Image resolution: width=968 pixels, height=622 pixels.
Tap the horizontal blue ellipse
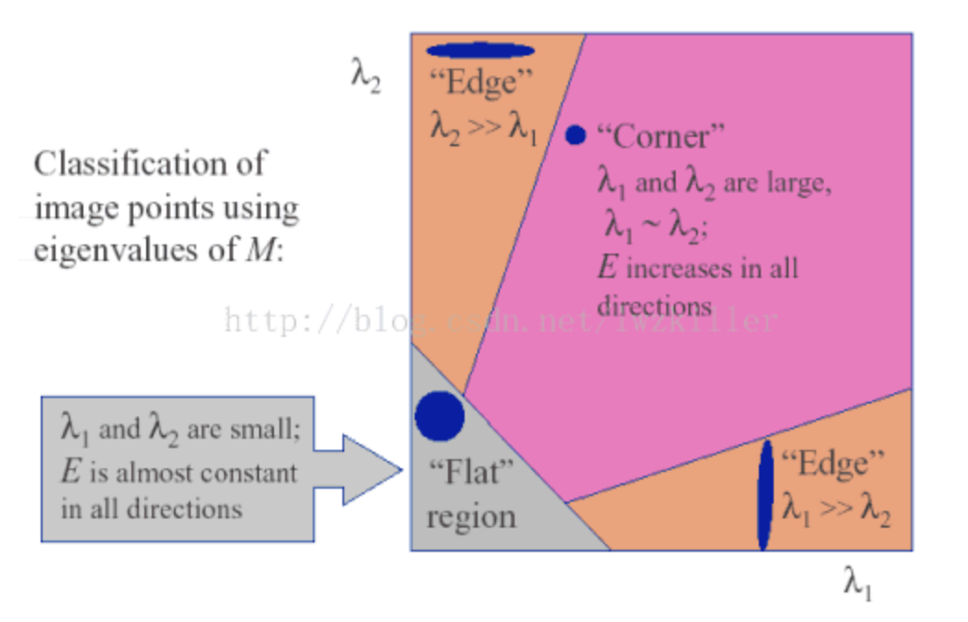coord(480,51)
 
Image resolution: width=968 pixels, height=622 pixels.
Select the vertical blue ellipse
coord(765,495)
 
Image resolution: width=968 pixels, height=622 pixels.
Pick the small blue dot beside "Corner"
coord(576,135)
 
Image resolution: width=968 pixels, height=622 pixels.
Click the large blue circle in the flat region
coord(439,416)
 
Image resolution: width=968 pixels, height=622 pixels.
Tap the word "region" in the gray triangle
coord(471,516)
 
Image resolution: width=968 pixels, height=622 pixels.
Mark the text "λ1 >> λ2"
coord(836,507)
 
